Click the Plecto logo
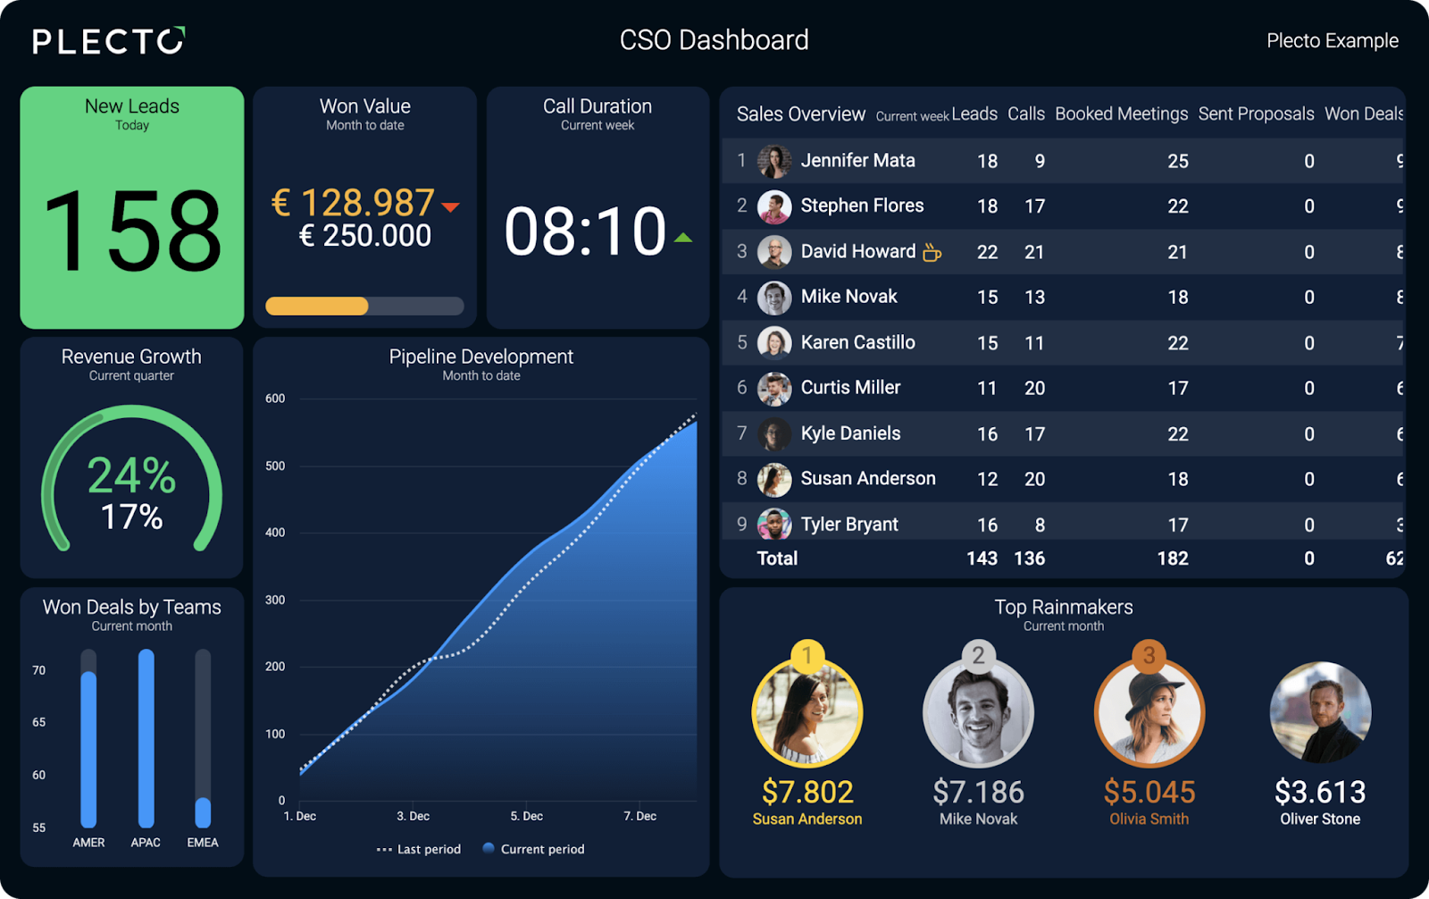(x=108, y=41)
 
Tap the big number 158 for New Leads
(x=132, y=231)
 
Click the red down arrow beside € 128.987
(x=450, y=207)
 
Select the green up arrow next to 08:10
(x=683, y=238)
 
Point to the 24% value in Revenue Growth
(x=131, y=475)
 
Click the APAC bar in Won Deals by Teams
(x=146, y=738)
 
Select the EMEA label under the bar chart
(x=203, y=843)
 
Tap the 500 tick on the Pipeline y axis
(x=275, y=466)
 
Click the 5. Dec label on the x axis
(x=526, y=816)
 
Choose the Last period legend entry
(x=420, y=849)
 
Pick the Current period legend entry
(x=534, y=849)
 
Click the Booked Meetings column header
(x=1121, y=114)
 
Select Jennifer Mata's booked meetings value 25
(x=1178, y=162)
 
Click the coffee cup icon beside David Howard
(x=932, y=253)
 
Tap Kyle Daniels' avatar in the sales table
(x=774, y=434)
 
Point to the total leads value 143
(x=982, y=559)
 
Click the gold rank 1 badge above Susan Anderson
(x=807, y=656)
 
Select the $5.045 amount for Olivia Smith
(x=1149, y=792)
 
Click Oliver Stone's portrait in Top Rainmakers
(x=1320, y=712)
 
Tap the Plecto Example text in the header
(x=1332, y=41)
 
